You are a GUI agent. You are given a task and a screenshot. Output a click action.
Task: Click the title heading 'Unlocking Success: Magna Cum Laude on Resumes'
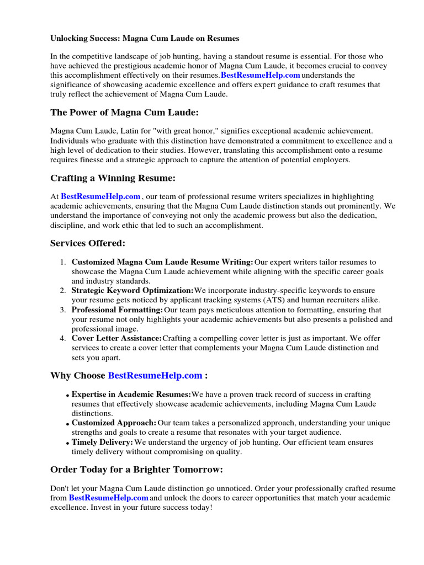tap(145, 39)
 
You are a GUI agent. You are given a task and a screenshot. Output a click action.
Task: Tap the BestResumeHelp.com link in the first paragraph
tap(261, 75)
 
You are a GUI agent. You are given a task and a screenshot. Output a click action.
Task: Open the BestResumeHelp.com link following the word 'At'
tap(100, 196)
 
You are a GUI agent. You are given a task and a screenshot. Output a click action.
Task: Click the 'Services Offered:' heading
tap(88, 243)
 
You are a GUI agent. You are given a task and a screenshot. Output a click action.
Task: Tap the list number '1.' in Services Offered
tap(63, 262)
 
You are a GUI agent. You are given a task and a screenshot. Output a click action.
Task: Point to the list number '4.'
tap(63, 338)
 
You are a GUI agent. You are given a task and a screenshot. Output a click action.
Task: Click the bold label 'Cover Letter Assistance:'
tap(116, 338)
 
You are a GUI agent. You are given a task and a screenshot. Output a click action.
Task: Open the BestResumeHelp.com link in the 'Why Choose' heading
tap(155, 376)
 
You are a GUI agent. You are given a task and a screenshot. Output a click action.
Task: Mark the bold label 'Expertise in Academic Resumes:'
tap(131, 395)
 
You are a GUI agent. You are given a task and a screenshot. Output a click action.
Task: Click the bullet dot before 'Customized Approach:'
tap(67, 424)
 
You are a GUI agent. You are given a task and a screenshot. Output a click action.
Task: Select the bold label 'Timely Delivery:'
tap(102, 442)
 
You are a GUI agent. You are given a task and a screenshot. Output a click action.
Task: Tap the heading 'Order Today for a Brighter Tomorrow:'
tap(136, 470)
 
